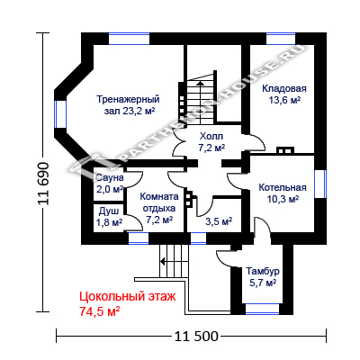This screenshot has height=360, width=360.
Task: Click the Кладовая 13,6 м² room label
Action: pyautogui.click(x=284, y=94)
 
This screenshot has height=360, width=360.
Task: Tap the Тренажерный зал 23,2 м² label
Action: pyautogui.click(x=129, y=105)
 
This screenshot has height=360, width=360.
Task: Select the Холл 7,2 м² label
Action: pyautogui.click(x=211, y=142)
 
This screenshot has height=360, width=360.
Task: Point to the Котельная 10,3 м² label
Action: pyautogui.click(x=283, y=193)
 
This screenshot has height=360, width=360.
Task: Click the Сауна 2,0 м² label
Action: pyautogui.click(x=110, y=184)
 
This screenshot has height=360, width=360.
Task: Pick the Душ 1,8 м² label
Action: pyautogui.click(x=109, y=217)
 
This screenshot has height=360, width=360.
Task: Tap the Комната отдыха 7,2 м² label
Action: pyautogui.click(x=159, y=208)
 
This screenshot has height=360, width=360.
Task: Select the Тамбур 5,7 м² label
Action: pyautogui.click(x=263, y=277)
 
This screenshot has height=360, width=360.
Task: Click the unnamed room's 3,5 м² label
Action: pyautogui.click(x=219, y=221)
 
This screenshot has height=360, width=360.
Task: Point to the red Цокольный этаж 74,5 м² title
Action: pyautogui.click(x=128, y=303)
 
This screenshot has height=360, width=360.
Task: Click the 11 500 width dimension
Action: pyautogui.click(x=196, y=337)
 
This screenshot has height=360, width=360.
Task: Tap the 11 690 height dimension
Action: pyautogui.click(x=43, y=184)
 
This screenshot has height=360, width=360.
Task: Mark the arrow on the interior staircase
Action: pyautogui.click(x=200, y=103)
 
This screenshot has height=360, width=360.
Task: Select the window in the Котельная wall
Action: pyautogui.click(x=320, y=184)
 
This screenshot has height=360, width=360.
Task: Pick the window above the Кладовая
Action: pyautogui.click(x=281, y=39)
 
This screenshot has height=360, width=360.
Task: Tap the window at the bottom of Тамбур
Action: pyautogui.click(x=263, y=309)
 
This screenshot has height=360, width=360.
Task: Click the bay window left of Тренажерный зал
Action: pyautogui.click(x=60, y=114)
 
